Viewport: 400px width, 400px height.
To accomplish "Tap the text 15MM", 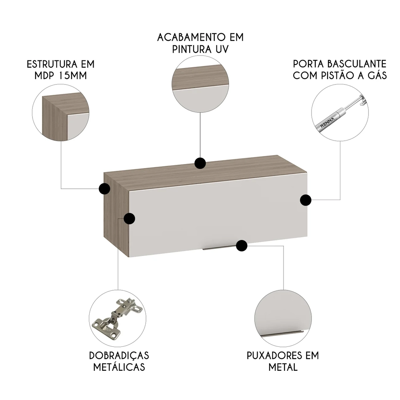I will point(74,76).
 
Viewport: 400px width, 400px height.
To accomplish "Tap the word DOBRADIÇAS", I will point(119,356).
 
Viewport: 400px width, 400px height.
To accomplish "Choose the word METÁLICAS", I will point(119,367).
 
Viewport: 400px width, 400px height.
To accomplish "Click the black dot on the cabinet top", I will point(200,163).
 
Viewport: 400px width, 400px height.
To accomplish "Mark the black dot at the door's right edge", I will point(306,200).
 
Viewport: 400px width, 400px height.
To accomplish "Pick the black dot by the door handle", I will point(241,246).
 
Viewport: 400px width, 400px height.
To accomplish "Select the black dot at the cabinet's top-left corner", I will point(104,188).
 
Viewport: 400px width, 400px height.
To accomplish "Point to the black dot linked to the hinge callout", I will point(129,218).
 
